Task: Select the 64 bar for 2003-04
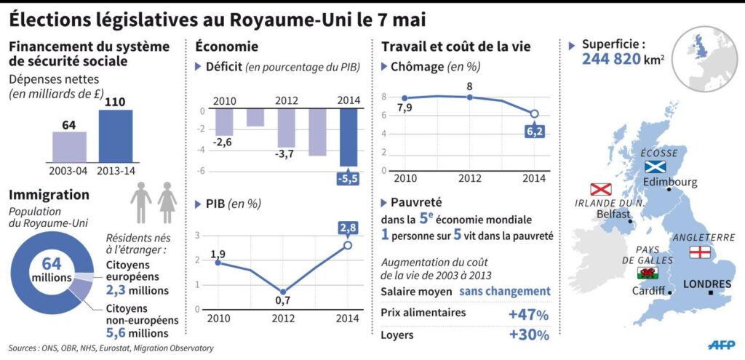click(69, 147)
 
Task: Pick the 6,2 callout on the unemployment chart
click(534, 131)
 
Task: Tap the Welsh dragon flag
click(646, 273)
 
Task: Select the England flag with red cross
click(698, 252)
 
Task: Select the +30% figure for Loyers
click(528, 335)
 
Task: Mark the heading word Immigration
click(49, 195)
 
